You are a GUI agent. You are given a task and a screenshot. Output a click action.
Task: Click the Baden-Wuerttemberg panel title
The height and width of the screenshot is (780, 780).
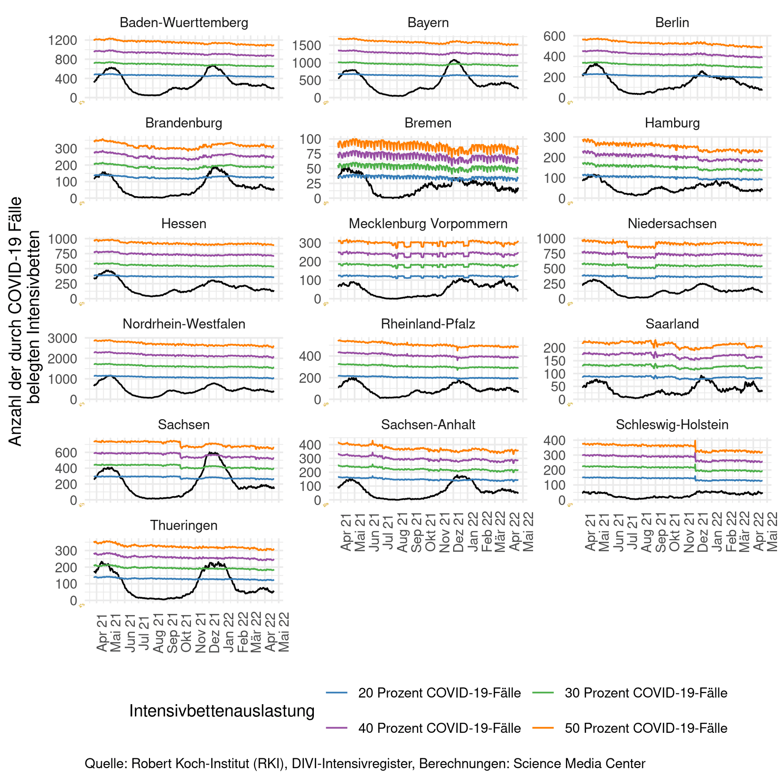click(x=184, y=22)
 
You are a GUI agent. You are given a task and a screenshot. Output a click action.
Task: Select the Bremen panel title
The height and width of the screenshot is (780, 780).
click(x=428, y=123)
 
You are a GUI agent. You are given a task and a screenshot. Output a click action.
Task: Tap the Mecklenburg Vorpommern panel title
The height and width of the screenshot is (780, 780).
click(x=428, y=223)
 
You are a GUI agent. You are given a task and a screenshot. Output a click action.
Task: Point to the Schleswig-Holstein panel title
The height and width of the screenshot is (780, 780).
click(x=672, y=424)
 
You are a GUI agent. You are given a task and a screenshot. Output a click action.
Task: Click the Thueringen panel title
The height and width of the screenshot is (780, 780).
click(x=184, y=525)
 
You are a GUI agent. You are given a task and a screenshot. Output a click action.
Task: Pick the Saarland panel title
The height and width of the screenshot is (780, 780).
click(x=672, y=324)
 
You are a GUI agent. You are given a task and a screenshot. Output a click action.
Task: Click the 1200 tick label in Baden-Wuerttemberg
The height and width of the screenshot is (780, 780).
click(x=62, y=40)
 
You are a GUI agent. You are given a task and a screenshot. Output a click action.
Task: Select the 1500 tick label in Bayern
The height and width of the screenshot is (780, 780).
click(x=307, y=45)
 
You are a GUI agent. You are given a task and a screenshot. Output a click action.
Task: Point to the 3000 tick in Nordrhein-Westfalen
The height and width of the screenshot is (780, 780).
click(x=62, y=338)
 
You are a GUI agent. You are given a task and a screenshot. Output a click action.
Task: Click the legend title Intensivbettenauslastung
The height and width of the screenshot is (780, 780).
click(x=222, y=711)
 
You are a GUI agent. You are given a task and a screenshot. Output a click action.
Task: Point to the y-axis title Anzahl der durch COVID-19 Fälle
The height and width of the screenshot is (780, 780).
click(x=16, y=321)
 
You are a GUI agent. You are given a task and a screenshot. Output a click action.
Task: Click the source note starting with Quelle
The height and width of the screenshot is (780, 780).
click(x=364, y=764)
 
